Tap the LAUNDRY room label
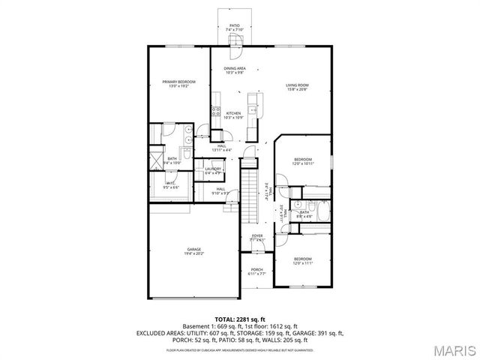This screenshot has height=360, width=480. point(213,171)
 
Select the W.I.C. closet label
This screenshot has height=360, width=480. point(172,186)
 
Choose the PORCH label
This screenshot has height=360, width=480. point(257,272)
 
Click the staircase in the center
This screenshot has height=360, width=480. point(250,193)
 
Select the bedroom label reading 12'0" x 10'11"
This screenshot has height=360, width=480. point(303,161)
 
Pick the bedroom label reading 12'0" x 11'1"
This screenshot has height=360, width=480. point(303,262)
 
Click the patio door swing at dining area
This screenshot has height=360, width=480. point(234,51)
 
